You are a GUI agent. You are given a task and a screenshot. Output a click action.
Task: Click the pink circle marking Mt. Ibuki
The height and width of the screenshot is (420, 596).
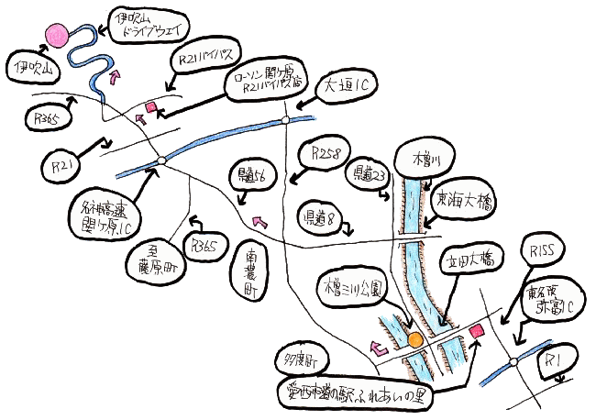(x=59, y=35)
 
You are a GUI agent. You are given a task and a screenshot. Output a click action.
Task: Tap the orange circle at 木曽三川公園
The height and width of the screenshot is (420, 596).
(x=415, y=340)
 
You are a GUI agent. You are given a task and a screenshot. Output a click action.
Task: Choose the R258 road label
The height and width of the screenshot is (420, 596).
(x=327, y=153)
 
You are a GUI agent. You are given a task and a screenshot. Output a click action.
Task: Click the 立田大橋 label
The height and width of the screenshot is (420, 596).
(x=469, y=260)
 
